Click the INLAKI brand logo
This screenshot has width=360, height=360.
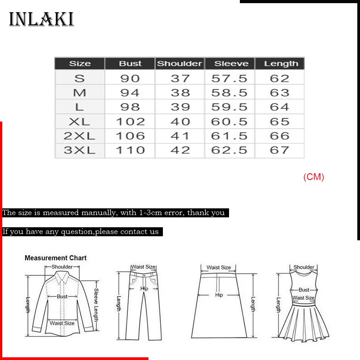(41, 19)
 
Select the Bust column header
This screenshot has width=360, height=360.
(130, 63)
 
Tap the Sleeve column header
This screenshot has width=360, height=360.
(229, 63)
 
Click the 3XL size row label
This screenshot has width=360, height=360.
(80, 150)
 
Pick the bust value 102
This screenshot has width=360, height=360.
(130, 121)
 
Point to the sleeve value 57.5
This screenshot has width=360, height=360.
(229, 78)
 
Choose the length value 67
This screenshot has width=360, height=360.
(279, 150)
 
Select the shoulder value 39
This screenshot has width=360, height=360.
(180, 107)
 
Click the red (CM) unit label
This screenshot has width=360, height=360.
(314, 177)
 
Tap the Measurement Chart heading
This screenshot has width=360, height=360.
(55, 258)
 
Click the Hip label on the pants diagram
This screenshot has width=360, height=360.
(144, 288)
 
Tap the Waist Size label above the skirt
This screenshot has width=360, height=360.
(219, 267)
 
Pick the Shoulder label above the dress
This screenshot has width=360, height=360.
(304, 267)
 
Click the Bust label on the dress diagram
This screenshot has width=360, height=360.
(304, 290)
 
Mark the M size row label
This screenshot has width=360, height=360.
(80, 93)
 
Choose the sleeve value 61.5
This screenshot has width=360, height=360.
(229, 136)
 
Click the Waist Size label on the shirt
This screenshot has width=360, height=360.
(62, 323)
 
